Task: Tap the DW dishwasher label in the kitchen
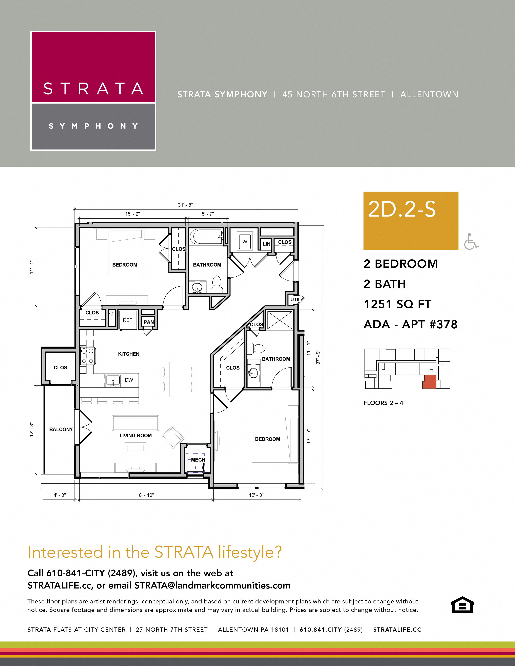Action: (129, 380)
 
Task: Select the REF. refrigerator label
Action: (128, 320)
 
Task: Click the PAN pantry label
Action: (149, 322)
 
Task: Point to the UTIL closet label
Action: (295, 299)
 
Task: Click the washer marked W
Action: (245, 242)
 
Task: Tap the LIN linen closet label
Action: (266, 244)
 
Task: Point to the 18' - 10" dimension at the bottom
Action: (145, 495)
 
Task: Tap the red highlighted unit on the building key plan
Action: (429, 382)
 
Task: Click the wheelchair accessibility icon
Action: (471, 242)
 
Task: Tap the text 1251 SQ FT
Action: (397, 304)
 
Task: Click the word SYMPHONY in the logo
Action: (93, 126)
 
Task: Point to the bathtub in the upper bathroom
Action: (206, 237)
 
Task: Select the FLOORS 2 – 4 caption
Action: (383, 403)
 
